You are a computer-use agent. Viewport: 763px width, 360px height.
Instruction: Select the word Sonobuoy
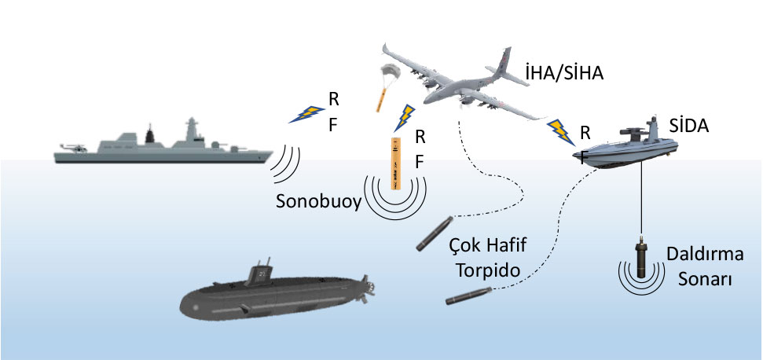pos(318,201)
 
